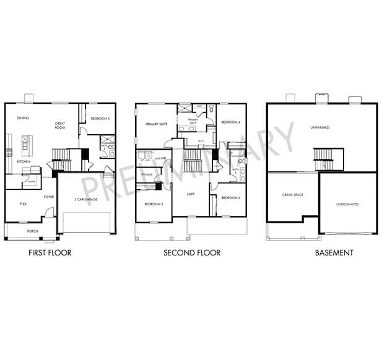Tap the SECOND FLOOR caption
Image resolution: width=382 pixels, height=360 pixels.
click(191, 252)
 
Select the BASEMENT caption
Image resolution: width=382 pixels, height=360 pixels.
click(334, 252)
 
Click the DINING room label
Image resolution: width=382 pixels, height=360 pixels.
click(23, 118)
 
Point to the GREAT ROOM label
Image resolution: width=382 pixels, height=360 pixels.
click(60, 126)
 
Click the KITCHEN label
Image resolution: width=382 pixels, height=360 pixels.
click(24, 161)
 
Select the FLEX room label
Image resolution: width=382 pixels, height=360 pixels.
click(23, 203)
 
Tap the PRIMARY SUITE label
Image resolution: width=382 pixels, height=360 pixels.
click(157, 124)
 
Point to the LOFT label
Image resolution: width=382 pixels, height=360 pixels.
click(191, 194)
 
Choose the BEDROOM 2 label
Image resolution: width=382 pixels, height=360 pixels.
click(153, 203)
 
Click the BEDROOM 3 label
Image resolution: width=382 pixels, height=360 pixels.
click(230, 197)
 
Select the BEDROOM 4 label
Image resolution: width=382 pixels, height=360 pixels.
click(230, 122)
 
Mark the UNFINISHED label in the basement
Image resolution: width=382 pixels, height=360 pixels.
click(319, 127)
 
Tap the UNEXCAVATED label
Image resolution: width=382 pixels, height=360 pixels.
click(347, 204)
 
